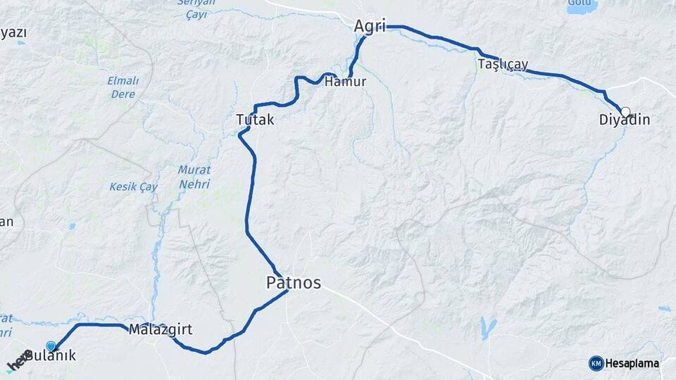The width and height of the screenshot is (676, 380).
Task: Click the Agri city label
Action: pyautogui.click(x=370, y=27)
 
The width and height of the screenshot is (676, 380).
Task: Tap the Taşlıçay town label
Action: pyautogui.click(x=503, y=64)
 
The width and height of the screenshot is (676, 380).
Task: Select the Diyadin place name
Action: pyautogui.click(x=625, y=120)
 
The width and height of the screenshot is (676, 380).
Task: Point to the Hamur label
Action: pyautogui.click(x=346, y=82)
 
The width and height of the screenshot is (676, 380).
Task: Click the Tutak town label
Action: pyautogui.click(x=255, y=120)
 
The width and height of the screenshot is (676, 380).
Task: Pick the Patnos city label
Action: pyautogui.click(x=294, y=283)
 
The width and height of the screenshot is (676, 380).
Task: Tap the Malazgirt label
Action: pyautogui.click(x=161, y=329)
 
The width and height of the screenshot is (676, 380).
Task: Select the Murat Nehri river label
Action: pyautogui.click(x=194, y=176)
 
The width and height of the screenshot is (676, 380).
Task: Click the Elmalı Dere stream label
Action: pyautogui.click(x=123, y=86)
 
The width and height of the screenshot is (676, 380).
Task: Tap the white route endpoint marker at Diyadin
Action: pyautogui.click(x=625, y=111)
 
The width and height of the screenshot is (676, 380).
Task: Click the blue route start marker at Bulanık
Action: pyautogui.click(x=51, y=346)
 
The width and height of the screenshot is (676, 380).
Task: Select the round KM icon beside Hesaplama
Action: pyautogui.click(x=596, y=363)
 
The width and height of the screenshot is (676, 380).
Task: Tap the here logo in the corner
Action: pyautogui.click(x=18, y=363)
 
